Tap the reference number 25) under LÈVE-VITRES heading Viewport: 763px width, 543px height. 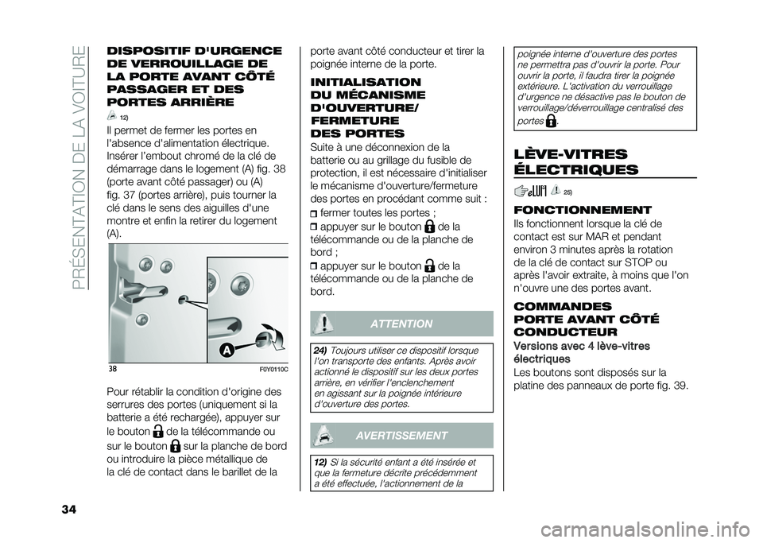coord(567,192)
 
